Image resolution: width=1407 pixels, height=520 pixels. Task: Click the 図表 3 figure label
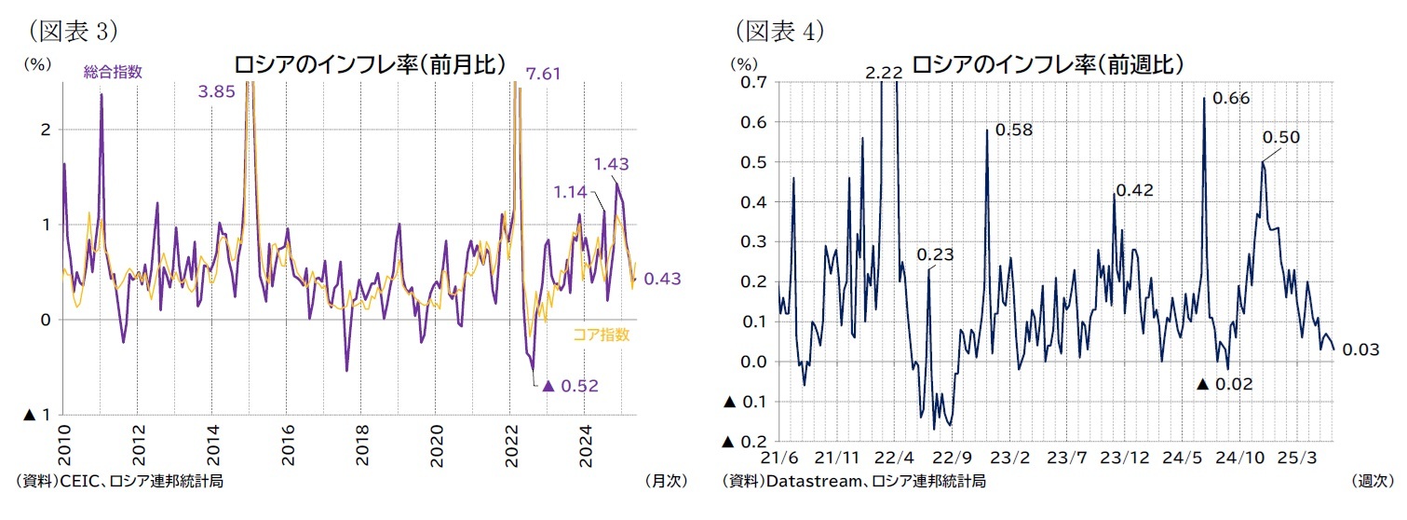[73, 30]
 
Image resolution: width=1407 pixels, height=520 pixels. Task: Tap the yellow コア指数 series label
[601, 335]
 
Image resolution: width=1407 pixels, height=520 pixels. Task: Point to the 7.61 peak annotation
[543, 74]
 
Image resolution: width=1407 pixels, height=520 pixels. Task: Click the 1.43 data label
[611, 164]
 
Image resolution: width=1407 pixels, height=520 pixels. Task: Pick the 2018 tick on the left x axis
[362, 445]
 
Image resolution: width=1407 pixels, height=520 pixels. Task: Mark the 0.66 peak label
[1231, 98]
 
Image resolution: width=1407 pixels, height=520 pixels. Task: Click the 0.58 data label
[1014, 130]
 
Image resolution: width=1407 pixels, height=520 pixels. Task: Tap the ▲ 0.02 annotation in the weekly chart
[1224, 384]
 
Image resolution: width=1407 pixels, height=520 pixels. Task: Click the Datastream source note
[854, 481]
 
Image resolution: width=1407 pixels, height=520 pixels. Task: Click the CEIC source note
[119, 481]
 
